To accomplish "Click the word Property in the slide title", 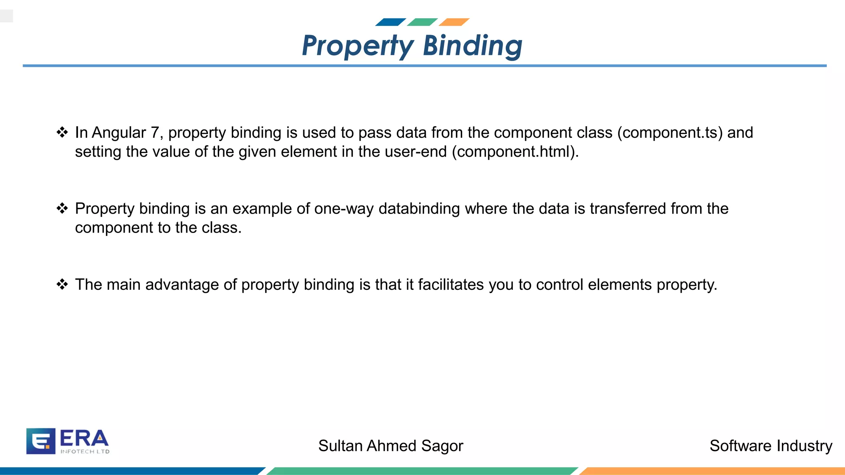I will click(357, 46).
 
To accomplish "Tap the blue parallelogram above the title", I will click(390, 22).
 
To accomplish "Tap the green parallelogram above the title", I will click(422, 22).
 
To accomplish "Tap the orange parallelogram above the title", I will click(454, 22).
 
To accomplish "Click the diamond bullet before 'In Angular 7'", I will click(62, 132).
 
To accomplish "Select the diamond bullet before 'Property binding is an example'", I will click(62, 208).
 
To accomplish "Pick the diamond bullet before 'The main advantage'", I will click(62, 284).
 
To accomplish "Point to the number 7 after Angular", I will click(155, 133).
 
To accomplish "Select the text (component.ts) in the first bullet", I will click(670, 133).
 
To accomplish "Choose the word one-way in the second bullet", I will click(344, 209).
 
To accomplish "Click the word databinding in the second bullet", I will click(419, 209).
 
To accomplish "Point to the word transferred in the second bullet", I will click(628, 209).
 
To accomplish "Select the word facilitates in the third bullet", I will click(451, 285).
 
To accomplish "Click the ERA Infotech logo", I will click(68, 441).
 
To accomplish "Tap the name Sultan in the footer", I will click(340, 446).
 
